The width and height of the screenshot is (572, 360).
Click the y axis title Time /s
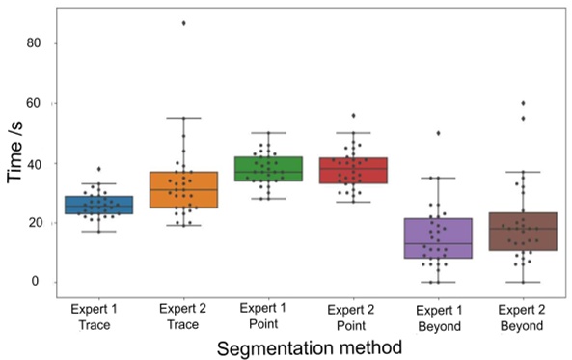coord(16,159)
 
